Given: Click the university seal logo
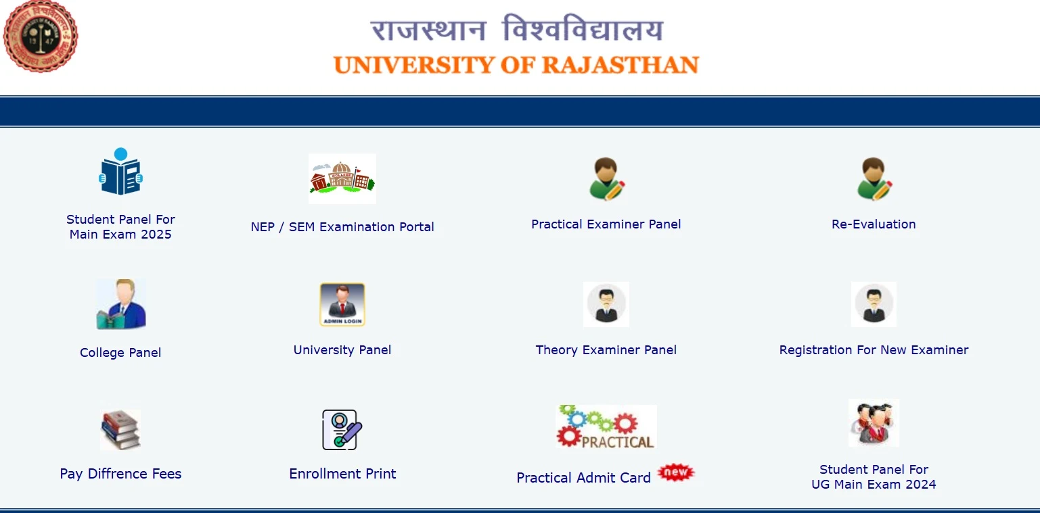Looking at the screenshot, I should (41, 36).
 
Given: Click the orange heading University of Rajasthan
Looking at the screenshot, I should (516, 66).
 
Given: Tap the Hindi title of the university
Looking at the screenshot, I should (516, 30).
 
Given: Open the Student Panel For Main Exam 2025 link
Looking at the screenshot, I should (120, 227).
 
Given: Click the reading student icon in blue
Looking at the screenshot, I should (120, 172).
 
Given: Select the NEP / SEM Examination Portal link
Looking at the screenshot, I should (342, 227).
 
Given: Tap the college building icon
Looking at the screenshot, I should (342, 178).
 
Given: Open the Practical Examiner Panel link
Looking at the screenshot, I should (606, 224).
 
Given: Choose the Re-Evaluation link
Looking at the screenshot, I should (874, 224).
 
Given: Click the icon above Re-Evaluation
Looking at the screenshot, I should (874, 179).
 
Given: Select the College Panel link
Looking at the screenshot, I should (120, 353).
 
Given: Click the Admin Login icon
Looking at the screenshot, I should (342, 304).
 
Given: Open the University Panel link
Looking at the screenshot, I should (342, 350).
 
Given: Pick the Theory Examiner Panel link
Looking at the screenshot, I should (606, 350).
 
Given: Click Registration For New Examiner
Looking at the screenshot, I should (874, 350).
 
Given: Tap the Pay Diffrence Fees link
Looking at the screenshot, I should (120, 474).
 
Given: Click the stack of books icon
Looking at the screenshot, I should (120, 429).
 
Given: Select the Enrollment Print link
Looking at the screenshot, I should (342, 474).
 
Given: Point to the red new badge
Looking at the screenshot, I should (676, 472).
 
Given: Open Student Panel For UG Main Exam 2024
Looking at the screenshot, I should (874, 477).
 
